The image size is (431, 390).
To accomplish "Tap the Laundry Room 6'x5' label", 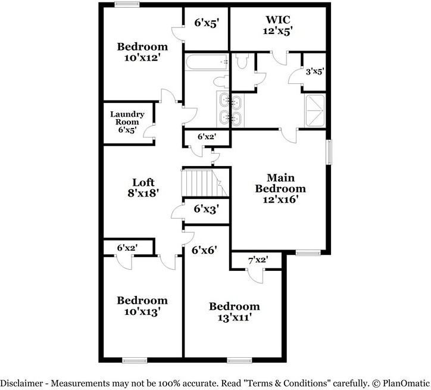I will [x=127, y=121].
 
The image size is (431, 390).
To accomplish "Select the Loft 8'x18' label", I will [x=143, y=188].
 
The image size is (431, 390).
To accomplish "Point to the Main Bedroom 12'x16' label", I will [x=280, y=188].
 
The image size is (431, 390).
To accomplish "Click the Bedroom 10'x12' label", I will [x=142, y=52].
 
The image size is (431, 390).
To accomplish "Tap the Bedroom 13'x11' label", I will [x=234, y=311].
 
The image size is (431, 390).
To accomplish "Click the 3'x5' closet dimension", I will [x=314, y=72].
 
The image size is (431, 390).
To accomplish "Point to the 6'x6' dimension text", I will [x=204, y=250].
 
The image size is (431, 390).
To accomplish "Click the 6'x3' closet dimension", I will [x=207, y=209].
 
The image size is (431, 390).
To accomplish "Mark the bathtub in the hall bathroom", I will [x=206, y=63].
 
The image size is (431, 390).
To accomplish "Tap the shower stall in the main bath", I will [x=314, y=110].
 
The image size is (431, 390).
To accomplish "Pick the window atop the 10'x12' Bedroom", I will [x=127, y=5].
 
